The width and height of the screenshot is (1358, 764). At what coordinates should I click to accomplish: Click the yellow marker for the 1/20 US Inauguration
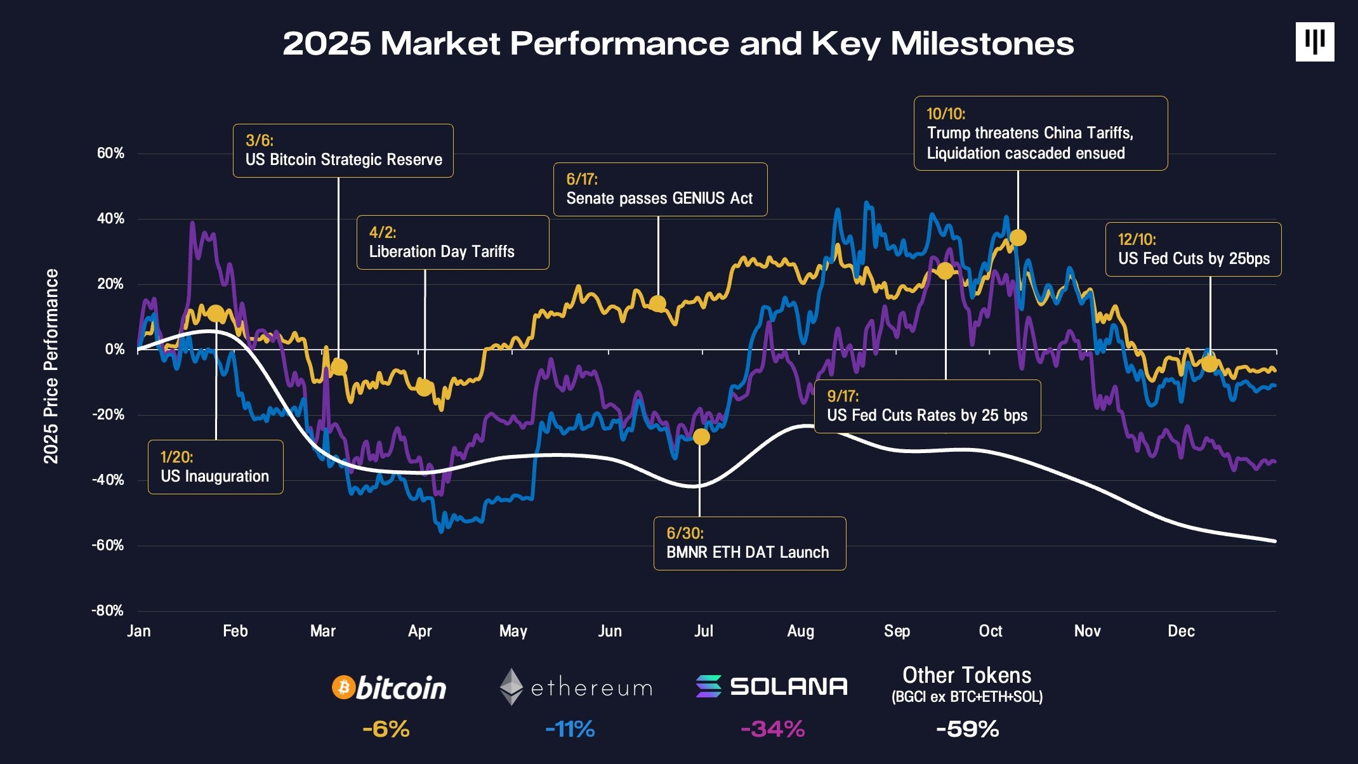coord(216,313)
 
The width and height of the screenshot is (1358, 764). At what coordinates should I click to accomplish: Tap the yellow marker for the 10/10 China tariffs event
coord(1018,237)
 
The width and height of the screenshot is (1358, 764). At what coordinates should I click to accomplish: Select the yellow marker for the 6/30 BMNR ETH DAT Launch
coord(701,437)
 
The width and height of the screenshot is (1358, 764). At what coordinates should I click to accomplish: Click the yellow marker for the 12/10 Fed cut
coord(1210,364)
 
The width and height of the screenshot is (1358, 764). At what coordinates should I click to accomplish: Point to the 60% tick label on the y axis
coord(110,153)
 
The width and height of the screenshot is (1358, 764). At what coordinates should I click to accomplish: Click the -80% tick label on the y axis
coord(108,610)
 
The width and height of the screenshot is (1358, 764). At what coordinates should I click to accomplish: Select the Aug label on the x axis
coord(800,631)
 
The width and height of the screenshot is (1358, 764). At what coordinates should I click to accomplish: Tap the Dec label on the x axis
coord(1181,631)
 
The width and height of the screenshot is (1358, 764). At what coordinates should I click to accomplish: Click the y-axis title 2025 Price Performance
coord(51,366)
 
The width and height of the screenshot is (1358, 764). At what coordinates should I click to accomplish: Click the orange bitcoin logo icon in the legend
coord(343,687)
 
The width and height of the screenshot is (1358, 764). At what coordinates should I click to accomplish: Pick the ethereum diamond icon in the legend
coord(511,687)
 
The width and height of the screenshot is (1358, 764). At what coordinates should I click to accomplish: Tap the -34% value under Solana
coord(772,728)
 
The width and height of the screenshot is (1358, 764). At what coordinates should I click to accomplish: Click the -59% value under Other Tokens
coord(967,728)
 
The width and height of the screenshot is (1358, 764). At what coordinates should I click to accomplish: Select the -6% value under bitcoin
coord(386,728)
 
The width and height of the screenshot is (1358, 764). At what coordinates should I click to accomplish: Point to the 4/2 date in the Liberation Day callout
coord(383,232)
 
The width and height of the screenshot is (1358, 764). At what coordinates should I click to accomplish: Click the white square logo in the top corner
coord(1314,42)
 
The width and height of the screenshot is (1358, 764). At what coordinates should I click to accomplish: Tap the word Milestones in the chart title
coord(982,43)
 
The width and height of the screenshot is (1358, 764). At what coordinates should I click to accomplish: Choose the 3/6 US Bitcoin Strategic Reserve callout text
coord(343,159)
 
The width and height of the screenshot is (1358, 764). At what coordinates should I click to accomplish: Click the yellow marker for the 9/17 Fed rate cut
coord(946,271)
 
